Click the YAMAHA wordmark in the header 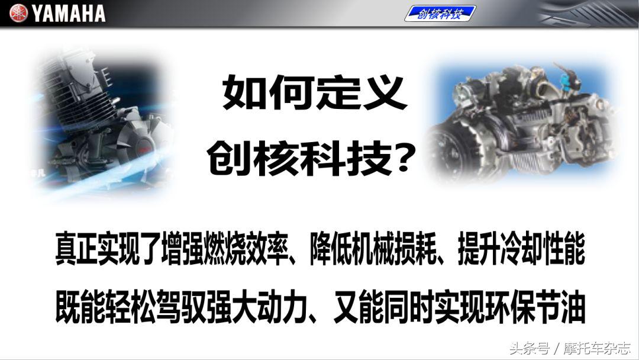[69, 13]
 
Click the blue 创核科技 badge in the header [440, 13]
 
